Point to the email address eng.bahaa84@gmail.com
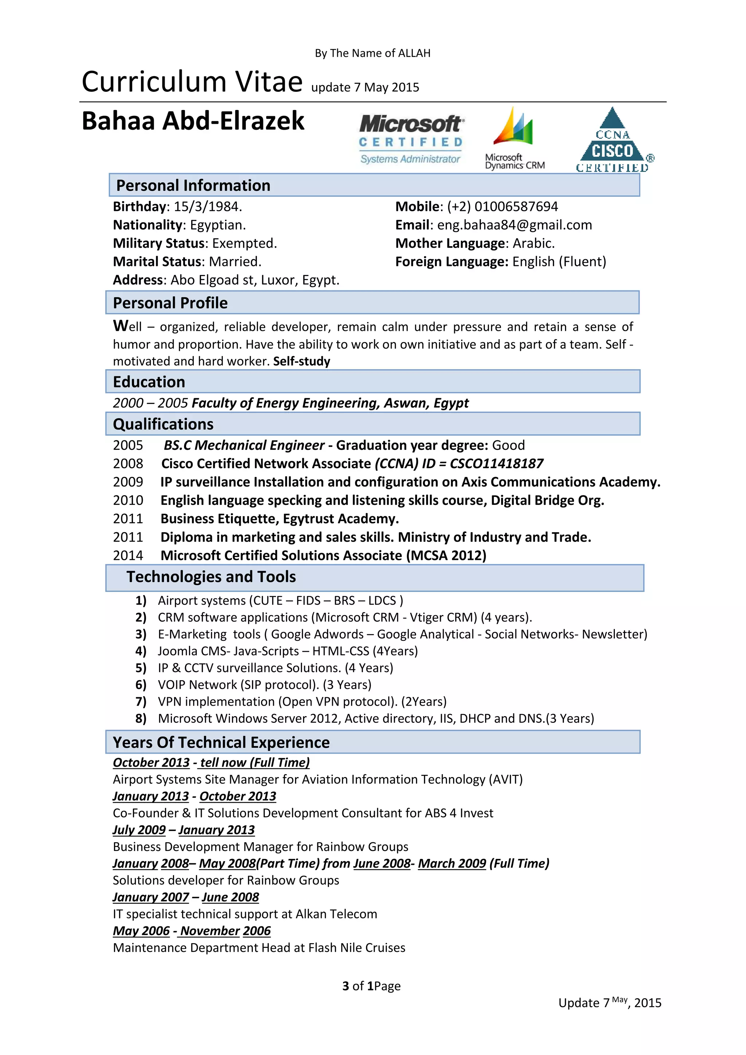514,225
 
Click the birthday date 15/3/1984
208,207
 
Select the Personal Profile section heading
170,303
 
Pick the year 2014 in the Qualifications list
128,556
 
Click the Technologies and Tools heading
211,577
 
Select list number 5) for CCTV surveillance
141,668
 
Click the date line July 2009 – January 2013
184,830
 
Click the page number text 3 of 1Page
371,986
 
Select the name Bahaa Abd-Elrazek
193,121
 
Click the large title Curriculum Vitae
192,82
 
